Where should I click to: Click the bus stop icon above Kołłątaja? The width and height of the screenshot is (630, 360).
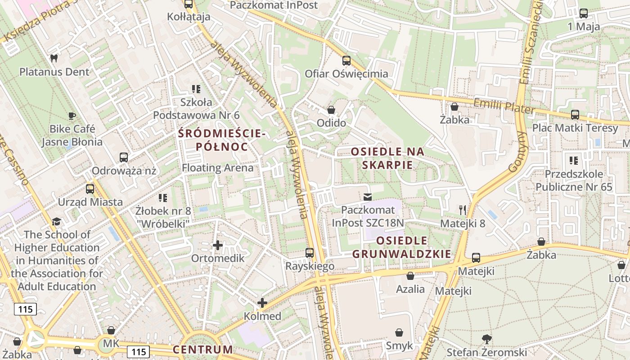point(189,4)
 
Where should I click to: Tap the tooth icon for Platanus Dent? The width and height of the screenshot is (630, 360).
point(54,58)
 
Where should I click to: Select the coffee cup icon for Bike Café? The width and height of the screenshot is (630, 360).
point(72,116)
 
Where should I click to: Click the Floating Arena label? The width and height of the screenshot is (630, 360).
point(217,168)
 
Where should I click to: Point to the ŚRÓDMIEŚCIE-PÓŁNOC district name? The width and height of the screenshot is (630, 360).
point(222,140)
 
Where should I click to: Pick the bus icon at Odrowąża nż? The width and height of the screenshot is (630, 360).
point(124,157)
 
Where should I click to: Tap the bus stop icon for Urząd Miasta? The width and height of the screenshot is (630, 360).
point(90,189)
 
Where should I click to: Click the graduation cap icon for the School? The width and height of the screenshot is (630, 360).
point(56,221)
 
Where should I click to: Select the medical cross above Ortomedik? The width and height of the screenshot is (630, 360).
point(218,245)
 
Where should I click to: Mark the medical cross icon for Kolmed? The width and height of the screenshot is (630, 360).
point(262,303)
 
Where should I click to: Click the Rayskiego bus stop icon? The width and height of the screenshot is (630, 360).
point(310,253)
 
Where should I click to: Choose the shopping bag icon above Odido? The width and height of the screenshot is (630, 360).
point(331,110)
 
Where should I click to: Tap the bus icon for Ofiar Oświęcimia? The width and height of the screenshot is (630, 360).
point(346,61)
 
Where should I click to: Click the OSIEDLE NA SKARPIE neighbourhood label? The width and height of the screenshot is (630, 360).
point(387,158)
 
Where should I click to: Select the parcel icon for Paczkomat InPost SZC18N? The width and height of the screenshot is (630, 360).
point(368,197)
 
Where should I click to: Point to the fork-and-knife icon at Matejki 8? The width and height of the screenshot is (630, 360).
point(462,210)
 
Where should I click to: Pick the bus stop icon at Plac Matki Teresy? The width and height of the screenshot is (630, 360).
point(575,115)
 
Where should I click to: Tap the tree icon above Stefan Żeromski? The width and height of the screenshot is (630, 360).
point(486,339)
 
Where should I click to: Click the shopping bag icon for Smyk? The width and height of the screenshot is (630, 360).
point(399,333)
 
